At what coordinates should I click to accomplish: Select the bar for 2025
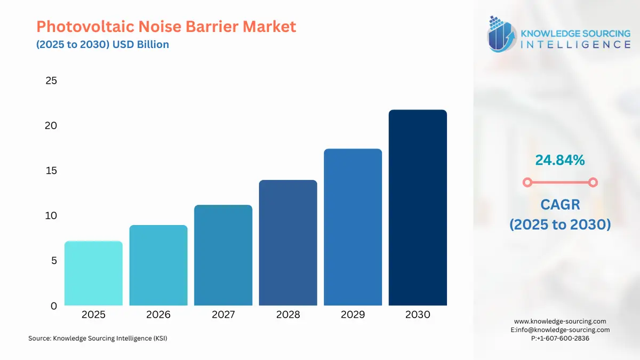pos(93,273)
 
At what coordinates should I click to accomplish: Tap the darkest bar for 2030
pos(418,208)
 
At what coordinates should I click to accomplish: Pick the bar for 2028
pos(288,243)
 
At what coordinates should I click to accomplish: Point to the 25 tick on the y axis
pos(51,81)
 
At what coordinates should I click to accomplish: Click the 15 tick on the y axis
pos(51,171)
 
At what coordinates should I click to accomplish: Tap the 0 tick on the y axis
pos(54,306)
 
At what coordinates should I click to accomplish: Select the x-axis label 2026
pos(158,315)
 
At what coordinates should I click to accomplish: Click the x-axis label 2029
pos(353,315)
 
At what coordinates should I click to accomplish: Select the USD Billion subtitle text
pos(140,44)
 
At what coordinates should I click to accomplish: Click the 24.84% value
pos(560,159)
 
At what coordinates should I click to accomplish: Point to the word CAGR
pos(560,204)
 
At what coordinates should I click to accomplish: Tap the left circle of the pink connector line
pos(527,182)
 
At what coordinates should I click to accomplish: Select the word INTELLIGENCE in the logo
pos(575,44)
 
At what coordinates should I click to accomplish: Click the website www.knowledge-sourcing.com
pos(560,321)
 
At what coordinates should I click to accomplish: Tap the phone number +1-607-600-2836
pos(563,338)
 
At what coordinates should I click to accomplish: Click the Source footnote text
pos(98,338)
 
